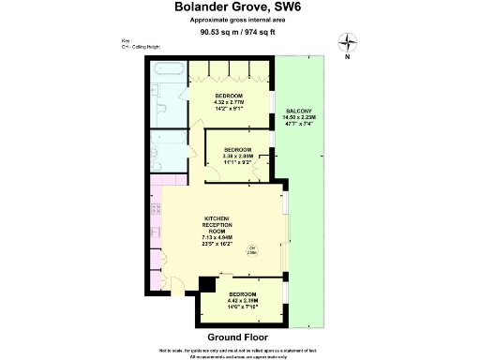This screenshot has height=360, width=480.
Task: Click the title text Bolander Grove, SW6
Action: tap(239, 7)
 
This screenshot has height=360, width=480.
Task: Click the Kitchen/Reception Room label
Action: tap(217, 230)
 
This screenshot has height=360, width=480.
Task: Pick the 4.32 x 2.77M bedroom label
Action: tap(230, 102)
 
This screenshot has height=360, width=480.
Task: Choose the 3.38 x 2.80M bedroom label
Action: tap(238, 155)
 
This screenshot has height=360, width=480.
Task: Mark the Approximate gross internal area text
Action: tap(239, 20)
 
